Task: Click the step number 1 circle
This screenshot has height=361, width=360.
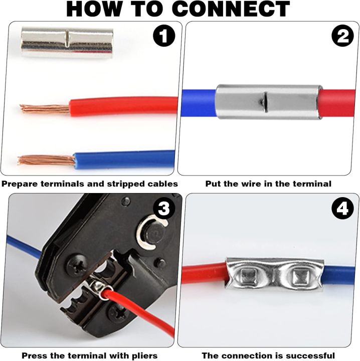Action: coord(163,38)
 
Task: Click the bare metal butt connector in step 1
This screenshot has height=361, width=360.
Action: coord(66,43)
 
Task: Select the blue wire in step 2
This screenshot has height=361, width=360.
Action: coord(198,102)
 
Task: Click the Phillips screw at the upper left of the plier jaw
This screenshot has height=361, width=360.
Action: coord(77,266)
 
